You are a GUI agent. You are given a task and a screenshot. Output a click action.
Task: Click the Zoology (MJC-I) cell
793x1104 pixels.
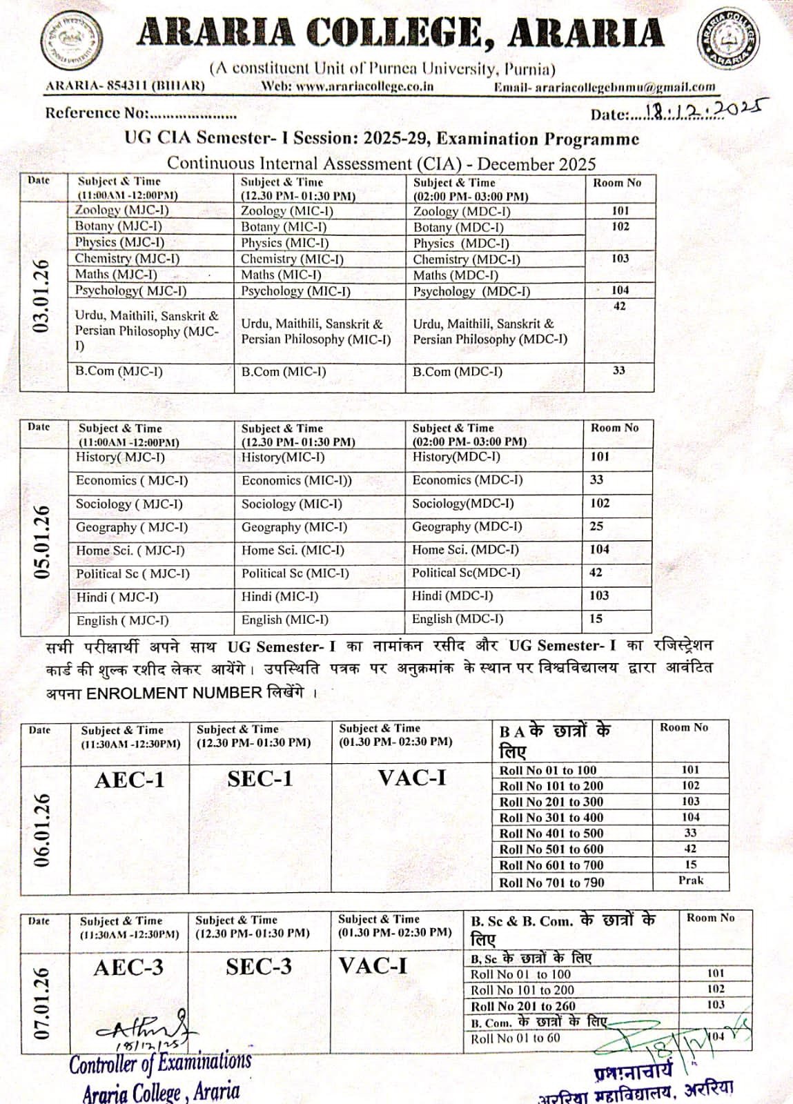pos(122,210)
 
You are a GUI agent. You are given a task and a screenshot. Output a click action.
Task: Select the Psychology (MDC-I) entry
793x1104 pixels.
pos(471,291)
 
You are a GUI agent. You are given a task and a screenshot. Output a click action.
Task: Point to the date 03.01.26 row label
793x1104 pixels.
pos(41,297)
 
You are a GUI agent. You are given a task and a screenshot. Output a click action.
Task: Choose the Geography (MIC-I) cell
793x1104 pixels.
pos(294,527)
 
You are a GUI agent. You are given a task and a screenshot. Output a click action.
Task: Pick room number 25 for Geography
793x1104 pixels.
pos(596,526)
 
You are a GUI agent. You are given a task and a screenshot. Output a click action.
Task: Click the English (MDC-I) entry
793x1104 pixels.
pos(458,620)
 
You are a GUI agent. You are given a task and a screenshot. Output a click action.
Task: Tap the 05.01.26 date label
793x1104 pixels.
pos(42,542)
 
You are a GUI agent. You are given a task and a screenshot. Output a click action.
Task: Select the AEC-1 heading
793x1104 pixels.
pos(130,780)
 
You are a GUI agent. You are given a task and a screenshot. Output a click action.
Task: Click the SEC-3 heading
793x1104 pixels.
pos(259,967)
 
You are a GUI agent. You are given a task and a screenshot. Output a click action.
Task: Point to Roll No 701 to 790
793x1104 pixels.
pos(551,883)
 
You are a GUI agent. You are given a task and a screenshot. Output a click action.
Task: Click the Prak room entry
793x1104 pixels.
pos(690,880)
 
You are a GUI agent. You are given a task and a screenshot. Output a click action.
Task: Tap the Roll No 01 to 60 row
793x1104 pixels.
pos(516,1038)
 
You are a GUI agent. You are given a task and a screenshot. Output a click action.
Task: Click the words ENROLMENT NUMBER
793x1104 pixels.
pos(174,693)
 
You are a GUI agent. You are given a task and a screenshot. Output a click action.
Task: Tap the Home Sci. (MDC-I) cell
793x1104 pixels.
pos(465,550)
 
